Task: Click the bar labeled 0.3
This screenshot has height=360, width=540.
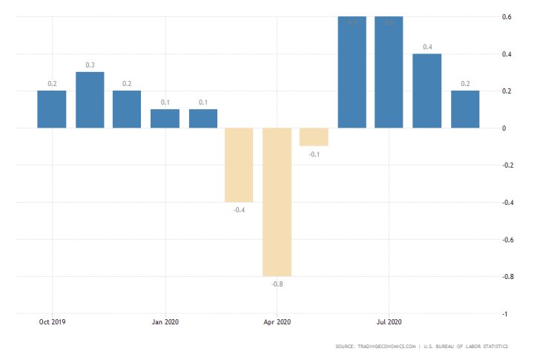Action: (x=90, y=100)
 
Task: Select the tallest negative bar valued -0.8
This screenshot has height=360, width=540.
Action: (x=277, y=202)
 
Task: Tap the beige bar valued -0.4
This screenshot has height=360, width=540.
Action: (x=239, y=165)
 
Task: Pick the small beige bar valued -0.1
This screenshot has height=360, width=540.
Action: (x=314, y=137)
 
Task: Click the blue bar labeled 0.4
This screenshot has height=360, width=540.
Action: (x=427, y=91)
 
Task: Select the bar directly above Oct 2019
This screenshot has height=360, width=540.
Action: (x=52, y=109)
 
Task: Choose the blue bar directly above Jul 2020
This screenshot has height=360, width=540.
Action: (x=389, y=72)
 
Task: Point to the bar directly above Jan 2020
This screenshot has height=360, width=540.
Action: (x=165, y=119)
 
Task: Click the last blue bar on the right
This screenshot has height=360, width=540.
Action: (x=464, y=109)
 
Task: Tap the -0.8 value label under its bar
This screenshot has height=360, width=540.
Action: (x=277, y=284)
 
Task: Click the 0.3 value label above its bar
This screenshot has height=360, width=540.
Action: (x=90, y=65)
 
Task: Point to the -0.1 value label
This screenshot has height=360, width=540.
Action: (x=314, y=154)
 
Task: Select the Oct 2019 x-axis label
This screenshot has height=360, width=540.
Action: (x=52, y=322)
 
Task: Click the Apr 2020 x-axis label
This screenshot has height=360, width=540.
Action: (x=277, y=322)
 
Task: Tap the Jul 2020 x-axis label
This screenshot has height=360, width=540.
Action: (x=389, y=322)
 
